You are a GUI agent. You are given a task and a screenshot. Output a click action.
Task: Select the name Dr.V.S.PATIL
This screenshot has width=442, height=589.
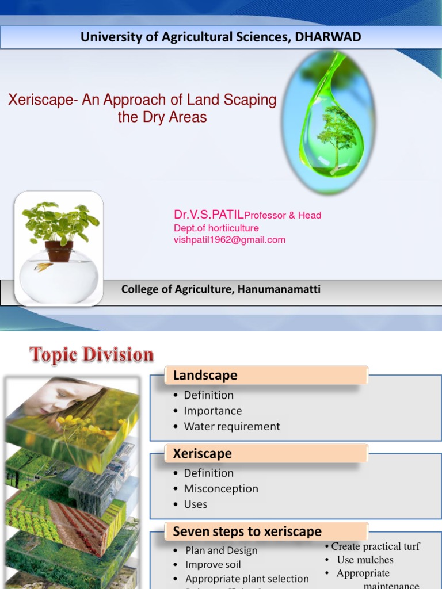[209, 215]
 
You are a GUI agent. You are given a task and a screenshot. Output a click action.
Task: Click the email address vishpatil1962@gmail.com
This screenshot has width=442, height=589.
[229, 240]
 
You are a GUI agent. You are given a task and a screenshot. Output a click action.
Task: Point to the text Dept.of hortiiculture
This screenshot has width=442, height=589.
[216, 228]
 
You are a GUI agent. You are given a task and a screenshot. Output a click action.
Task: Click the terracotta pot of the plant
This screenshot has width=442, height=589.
[59, 251]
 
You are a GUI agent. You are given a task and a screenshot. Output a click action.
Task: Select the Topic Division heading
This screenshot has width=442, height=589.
[92, 355]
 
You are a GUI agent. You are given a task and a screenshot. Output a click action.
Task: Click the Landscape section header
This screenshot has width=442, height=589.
[205, 376]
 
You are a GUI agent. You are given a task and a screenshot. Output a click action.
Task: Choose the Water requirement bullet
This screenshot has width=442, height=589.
[231, 426]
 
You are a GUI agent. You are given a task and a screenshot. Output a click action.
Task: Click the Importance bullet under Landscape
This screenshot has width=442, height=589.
[212, 411]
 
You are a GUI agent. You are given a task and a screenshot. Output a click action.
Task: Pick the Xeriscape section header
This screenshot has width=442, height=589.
[202, 453]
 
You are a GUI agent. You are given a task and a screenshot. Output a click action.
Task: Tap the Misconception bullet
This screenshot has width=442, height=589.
[220, 488]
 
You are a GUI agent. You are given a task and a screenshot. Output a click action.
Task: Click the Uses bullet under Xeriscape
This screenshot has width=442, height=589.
[195, 504]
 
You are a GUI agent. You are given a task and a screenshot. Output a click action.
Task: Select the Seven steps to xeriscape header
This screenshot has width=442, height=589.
[247, 531]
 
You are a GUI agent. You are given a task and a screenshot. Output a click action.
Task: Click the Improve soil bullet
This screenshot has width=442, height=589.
[213, 565]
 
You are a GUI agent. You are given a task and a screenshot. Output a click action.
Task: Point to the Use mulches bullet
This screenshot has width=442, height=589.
[365, 560]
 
